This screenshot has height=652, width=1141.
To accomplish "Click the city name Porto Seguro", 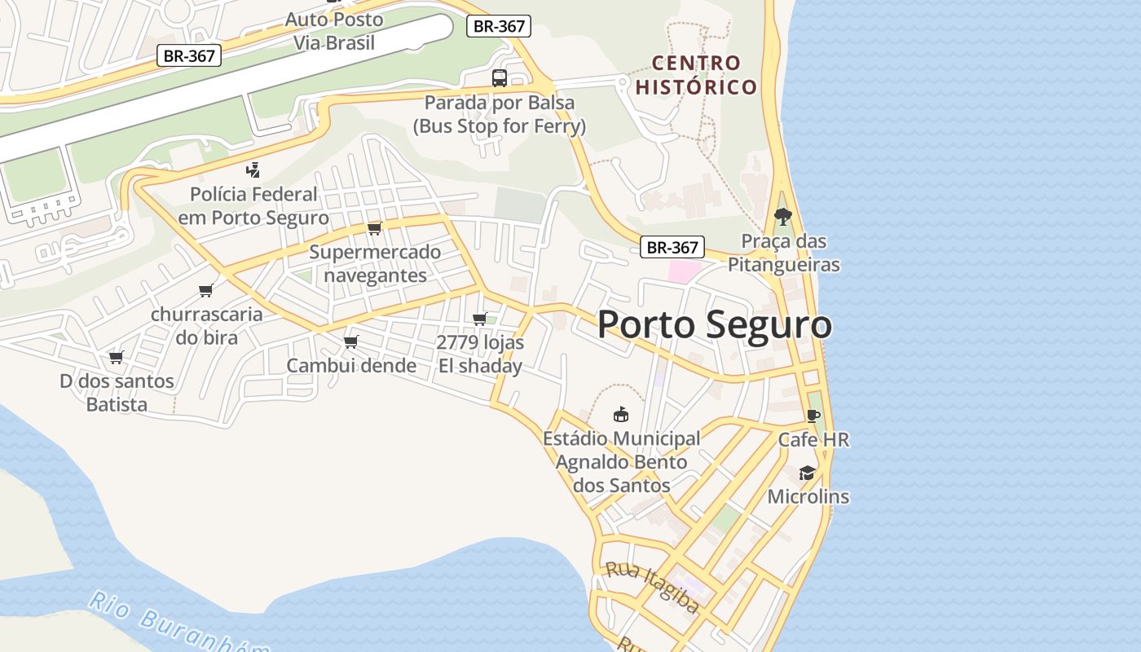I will tap(714, 324).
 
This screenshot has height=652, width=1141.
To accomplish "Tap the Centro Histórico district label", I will tap(696, 75).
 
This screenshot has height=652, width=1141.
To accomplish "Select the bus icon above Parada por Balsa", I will tap(499, 78).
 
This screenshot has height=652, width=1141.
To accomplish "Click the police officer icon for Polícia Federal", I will tap(253, 170).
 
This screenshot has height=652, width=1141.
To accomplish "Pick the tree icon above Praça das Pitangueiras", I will tap(783, 217).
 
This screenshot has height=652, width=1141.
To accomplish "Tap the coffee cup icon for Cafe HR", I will tap(813, 416).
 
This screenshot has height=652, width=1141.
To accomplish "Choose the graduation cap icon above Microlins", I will tap(807, 473).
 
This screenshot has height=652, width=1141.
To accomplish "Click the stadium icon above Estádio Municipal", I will tap(621, 414).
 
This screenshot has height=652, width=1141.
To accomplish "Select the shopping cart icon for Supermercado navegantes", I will tap(374, 228).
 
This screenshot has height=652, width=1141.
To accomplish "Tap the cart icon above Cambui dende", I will tap(351, 341).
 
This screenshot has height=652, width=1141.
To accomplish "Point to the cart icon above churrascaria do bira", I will tap(206, 291).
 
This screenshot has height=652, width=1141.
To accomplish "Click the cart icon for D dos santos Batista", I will tap(117, 357).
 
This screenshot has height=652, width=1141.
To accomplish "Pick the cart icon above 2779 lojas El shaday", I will tap(480, 319).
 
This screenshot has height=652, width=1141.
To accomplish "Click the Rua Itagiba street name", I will tap(652, 586).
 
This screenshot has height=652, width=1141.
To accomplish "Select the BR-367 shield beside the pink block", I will tap(672, 248).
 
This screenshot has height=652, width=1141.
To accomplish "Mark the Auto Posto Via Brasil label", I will tap(334, 31).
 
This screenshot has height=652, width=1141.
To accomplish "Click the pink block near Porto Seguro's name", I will tap(685, 271).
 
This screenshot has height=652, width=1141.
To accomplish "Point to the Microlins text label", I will tap(808, 496).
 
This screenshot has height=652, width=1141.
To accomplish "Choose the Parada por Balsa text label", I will tap(499, 114).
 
